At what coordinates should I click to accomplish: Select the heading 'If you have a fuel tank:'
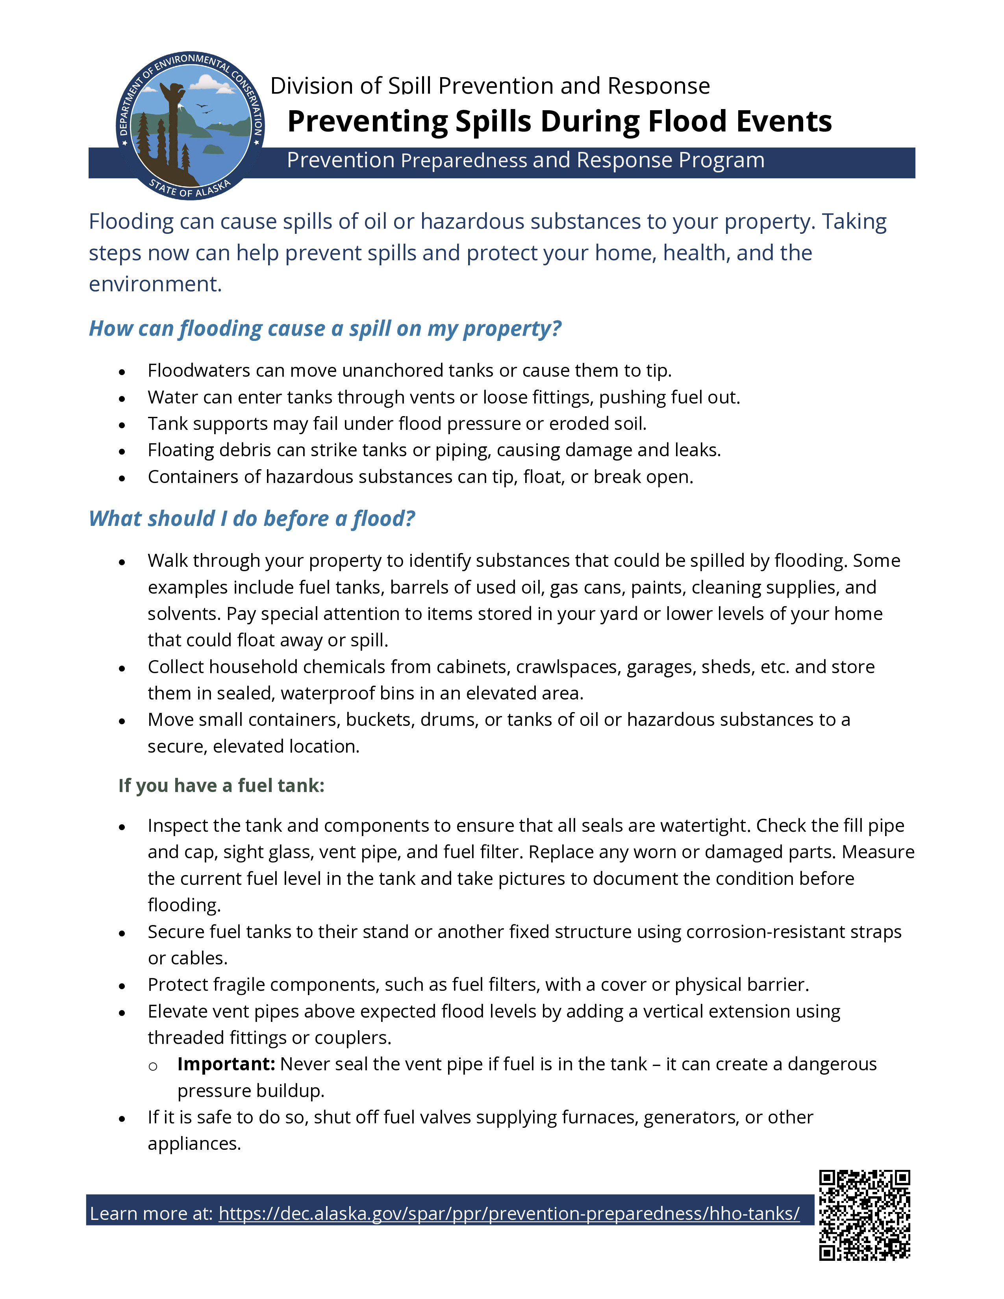tap(221, 785)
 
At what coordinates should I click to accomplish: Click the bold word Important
tap(226, 1064)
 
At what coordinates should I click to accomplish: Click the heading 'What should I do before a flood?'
tap(252, 519)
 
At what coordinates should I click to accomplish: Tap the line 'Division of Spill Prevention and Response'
tap(489, 86)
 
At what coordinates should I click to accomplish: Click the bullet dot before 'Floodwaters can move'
tap(122, 372)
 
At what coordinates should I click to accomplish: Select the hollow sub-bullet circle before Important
tap(153, 1066)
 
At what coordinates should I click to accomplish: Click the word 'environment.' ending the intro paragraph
tap(155, 284)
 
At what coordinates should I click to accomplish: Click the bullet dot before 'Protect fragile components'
tap(122, 986)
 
